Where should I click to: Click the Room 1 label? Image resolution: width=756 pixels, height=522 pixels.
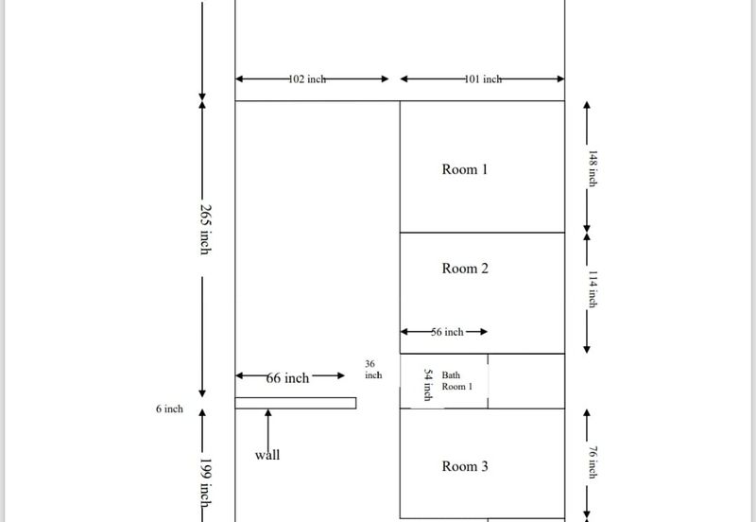(465, 169)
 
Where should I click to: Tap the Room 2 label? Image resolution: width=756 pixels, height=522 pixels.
(465, 269)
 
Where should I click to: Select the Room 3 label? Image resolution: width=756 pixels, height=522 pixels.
(465, 466)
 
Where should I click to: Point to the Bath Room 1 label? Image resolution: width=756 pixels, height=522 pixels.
(457, 381)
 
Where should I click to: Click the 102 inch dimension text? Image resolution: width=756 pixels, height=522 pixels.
(307, 79)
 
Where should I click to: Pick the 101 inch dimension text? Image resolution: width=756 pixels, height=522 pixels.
(483, 79)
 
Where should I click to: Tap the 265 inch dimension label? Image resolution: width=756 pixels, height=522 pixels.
(206, 229)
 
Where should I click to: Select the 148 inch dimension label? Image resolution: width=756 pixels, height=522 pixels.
(593, 168)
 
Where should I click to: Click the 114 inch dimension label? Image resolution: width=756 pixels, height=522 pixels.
(593, 289)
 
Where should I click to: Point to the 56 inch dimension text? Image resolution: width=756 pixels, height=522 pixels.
(447, 332)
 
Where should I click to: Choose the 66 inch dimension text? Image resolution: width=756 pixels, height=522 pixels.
(287, 377)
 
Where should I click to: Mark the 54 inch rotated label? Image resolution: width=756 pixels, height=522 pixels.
(428, 385)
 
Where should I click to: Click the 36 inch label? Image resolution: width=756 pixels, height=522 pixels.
(373, 370)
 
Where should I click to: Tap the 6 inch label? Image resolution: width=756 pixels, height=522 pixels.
(169, 409)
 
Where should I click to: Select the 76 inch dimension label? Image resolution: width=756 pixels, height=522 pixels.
(593, 462)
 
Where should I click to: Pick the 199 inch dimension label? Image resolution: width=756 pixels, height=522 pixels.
(206, 482)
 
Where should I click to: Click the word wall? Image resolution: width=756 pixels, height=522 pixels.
(267, 455)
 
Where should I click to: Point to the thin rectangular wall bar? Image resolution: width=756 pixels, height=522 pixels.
(296, 403)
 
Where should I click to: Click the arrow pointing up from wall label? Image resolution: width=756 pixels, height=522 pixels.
(268, 430)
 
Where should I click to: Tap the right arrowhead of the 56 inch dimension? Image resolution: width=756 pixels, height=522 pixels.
(484, 331)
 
